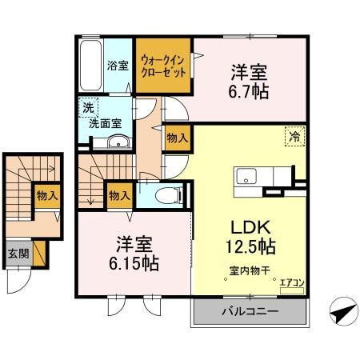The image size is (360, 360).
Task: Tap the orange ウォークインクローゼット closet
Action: (x=163, y=65)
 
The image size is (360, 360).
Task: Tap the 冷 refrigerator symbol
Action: (x=294, y=136)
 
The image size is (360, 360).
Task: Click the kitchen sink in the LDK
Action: (x=245, y=177)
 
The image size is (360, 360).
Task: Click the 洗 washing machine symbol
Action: (x=85, y=106)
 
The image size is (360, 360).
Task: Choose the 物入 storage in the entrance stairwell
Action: (x=46, y=194)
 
